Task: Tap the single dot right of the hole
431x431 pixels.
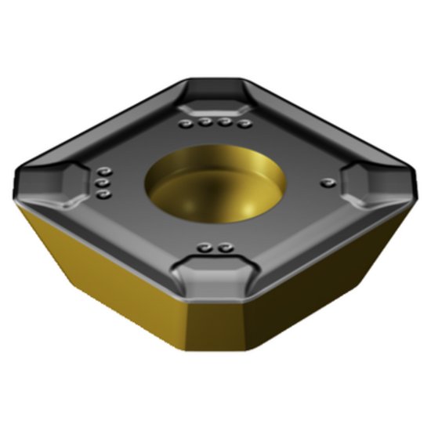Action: (x=327, y=183)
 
